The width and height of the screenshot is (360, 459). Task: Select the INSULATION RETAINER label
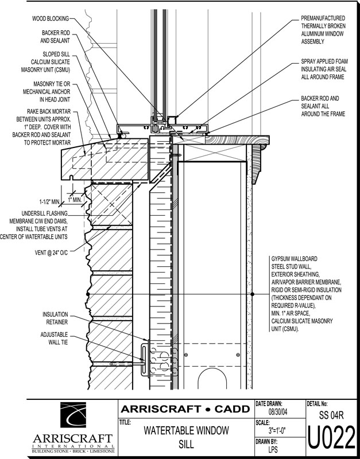coord(55,318)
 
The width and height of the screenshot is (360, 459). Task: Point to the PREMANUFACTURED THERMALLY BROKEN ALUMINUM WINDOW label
coord(324,30)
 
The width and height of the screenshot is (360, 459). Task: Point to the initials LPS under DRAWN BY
coord(273,450)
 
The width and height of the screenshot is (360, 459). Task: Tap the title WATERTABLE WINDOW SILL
coord(186,437)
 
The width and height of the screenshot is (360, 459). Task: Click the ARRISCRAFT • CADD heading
coord(185,409)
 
